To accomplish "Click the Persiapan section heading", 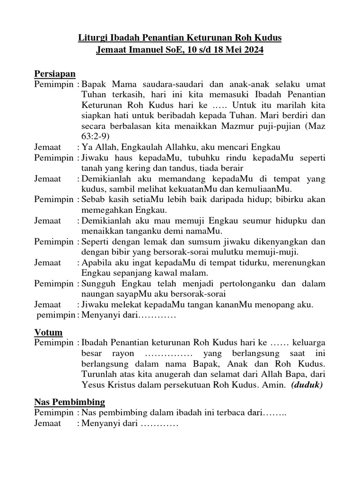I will (x=55, y=74).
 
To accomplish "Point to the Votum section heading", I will (x=48, y=332).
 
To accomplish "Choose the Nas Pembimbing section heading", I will (x=69, y=402).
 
